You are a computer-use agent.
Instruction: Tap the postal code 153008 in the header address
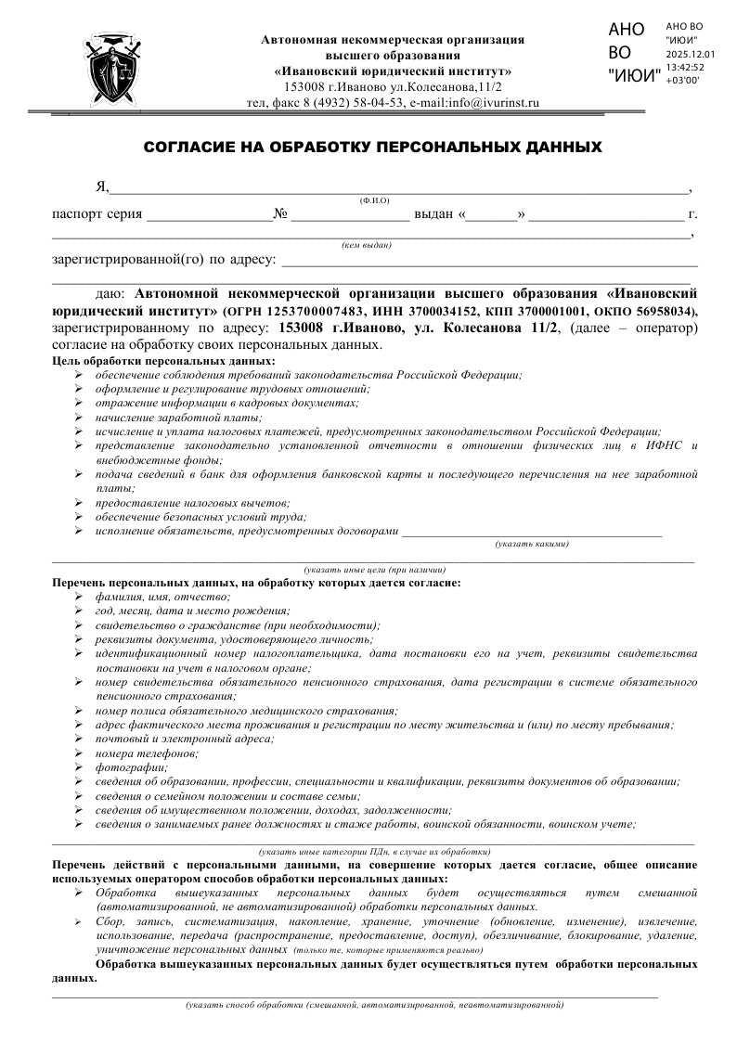click(x=305, y=86)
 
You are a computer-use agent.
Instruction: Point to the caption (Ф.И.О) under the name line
click(x=375, y=200)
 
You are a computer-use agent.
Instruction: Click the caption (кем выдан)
click(x=367, y=245)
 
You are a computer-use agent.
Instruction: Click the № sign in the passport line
click(x=280, y=215)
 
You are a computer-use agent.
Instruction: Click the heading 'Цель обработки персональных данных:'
click(x=163, y=360)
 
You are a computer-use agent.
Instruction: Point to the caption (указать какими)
click(x=532, y=544)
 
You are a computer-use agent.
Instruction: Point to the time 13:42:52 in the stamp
click(x=685, y=68)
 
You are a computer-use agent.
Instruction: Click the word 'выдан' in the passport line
click(x=433, y=215)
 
